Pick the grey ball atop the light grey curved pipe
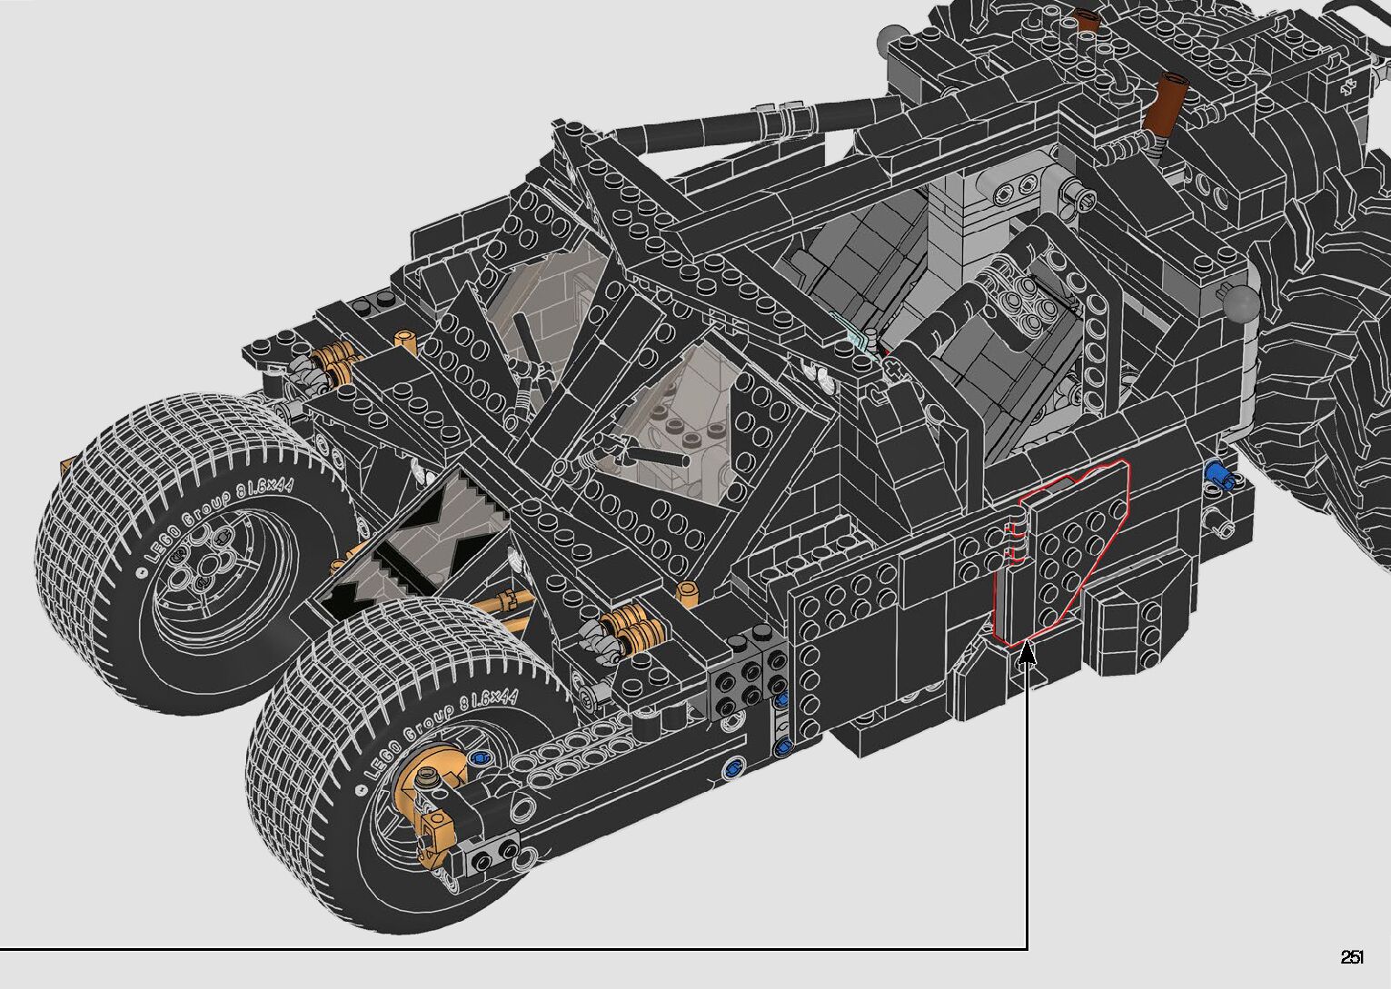(x=1241, y=303)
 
